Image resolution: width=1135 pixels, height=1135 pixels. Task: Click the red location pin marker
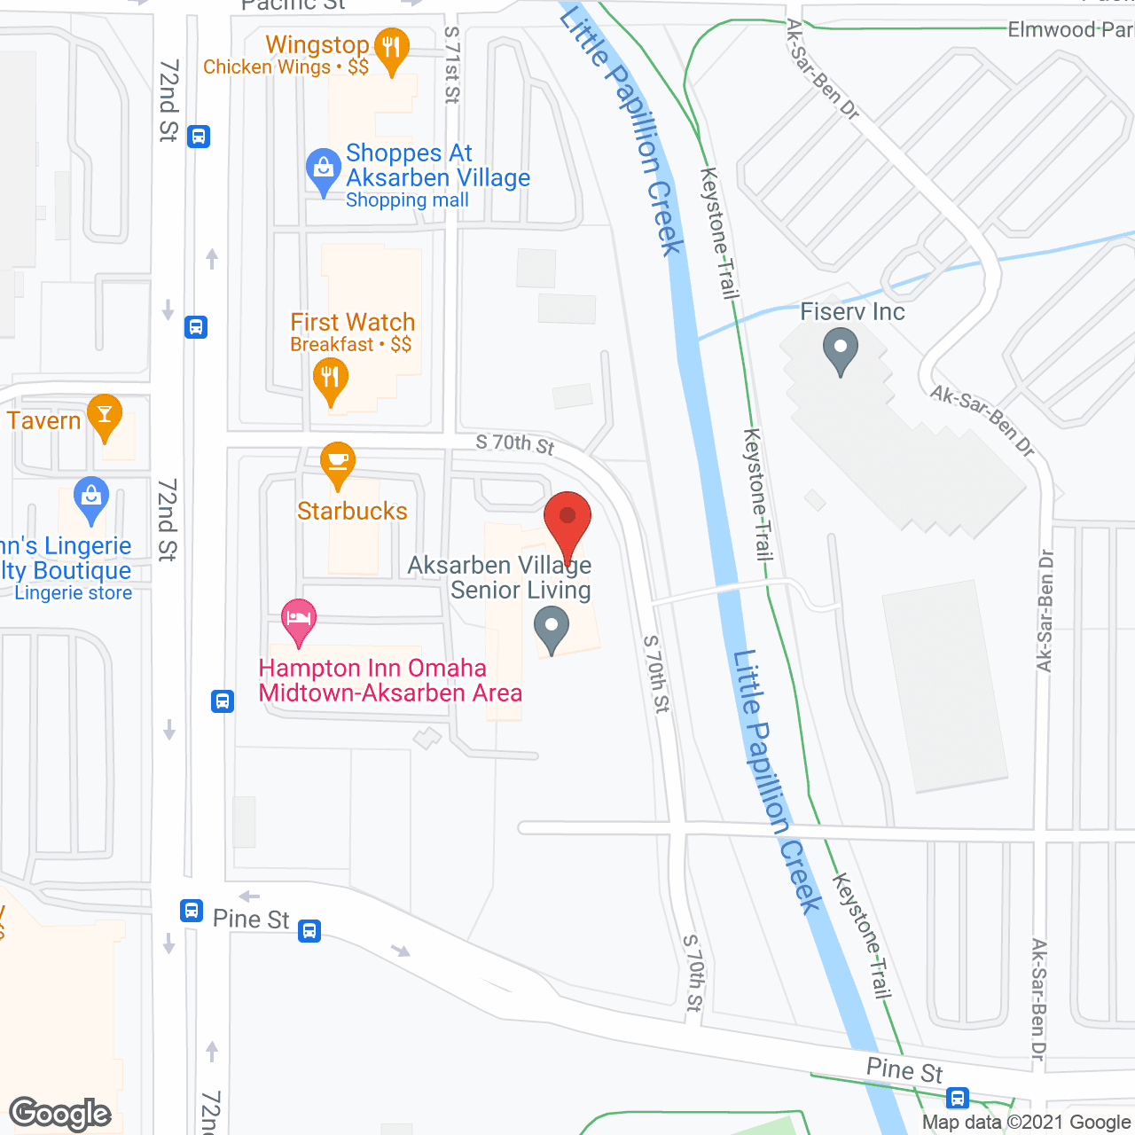(567, 517)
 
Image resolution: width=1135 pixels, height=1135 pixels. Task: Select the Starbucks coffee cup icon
(338, 461)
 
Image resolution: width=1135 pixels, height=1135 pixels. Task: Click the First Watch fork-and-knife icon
(330, 379)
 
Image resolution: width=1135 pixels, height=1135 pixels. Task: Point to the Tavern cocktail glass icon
(105, 414)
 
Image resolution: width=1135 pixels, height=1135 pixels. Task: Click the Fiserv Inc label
(852, 312)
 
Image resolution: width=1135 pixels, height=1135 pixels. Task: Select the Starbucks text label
(352, 512)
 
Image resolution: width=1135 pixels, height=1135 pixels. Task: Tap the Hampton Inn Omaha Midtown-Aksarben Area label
(390, 680)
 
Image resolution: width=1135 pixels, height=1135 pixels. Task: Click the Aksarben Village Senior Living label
(500, 577)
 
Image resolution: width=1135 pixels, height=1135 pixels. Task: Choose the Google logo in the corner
(60, 1114)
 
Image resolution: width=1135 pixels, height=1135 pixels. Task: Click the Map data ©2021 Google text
(1026, 1123)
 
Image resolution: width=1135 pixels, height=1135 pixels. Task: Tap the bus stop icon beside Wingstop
(199, 137)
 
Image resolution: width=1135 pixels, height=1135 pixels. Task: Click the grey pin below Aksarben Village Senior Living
(552, 627)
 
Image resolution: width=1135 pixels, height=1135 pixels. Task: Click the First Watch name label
(353, 322)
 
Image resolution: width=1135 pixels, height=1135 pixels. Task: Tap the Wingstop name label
(317, 44)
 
